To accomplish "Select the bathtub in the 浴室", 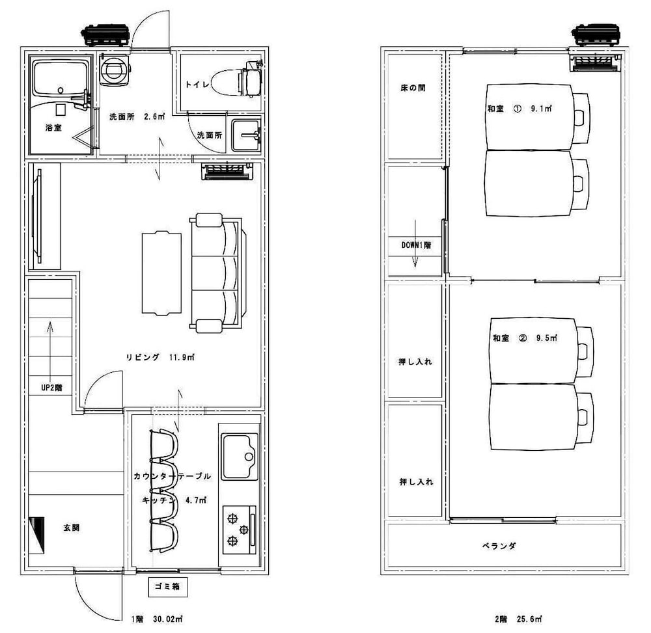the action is coord(61,79).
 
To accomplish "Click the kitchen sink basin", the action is coord(240,456).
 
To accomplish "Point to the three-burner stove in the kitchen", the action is coord(239,530).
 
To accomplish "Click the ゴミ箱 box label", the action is coord(168,587).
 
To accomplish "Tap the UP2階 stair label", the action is coord(51,388).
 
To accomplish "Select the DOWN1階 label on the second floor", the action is coord(415,245).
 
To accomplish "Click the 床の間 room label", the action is coord(413,88).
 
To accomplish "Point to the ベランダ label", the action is coord(499,546).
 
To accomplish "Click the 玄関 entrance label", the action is coord(72,528).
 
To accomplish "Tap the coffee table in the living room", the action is coord(161,274).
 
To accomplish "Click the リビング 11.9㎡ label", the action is coord(160,357).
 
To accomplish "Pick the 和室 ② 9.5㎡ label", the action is coord(525,338).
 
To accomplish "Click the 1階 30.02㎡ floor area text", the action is coord(157,619).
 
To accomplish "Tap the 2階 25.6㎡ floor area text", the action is coord(518,619).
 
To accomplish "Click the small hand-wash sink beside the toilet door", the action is coord(246,135).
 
